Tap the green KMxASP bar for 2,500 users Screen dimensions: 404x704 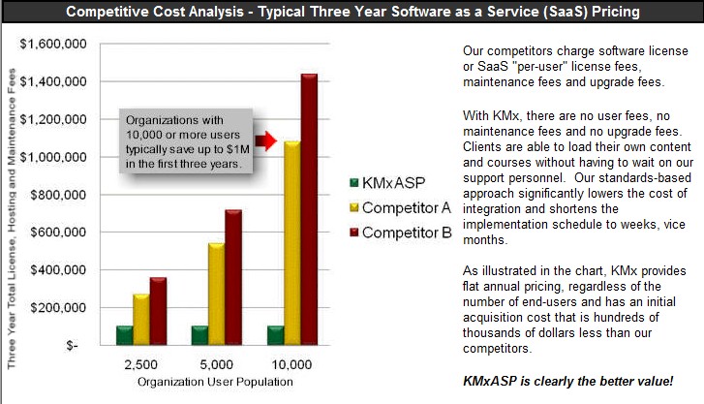click(124, 335)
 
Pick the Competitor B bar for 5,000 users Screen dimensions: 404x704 click(232, 276)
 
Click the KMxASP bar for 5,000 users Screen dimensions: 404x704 click(200, 335)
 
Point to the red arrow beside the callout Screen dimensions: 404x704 click(266, 141)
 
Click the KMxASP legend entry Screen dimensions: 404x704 click(383, 182)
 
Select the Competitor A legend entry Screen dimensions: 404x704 click(392, 207)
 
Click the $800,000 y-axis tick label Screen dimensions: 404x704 click(59, 194)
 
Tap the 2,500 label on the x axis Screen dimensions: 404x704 click(141, 367)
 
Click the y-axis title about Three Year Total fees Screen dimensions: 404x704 click(11, 194)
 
